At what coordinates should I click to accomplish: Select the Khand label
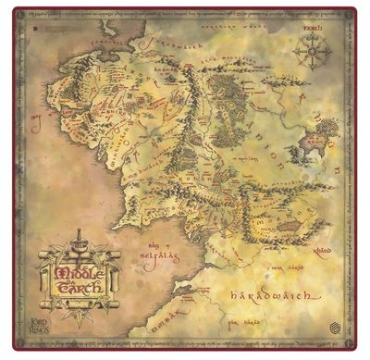(x=322, y=248)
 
